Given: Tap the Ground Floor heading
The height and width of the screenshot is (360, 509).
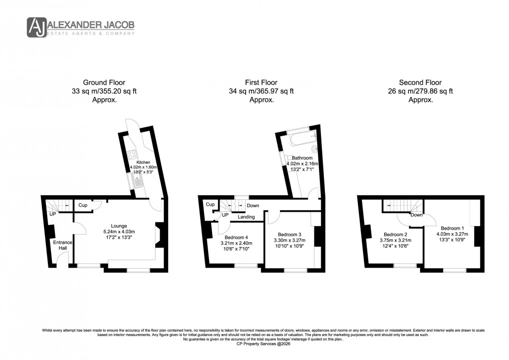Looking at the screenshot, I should click(105, 82).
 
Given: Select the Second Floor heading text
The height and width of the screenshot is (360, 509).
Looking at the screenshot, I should click(420, 82).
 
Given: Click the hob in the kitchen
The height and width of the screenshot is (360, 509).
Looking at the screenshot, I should click(133, 155).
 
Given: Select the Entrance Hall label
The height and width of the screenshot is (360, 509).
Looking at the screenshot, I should click(63, 245).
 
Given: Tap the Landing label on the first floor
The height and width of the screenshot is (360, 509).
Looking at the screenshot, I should click(246, 217).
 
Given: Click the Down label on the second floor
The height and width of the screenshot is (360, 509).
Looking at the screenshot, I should click(417, 215).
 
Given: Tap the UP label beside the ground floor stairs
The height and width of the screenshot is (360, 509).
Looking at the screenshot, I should click(52, 214).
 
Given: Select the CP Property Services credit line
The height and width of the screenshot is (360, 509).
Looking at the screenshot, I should click(254, 344).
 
